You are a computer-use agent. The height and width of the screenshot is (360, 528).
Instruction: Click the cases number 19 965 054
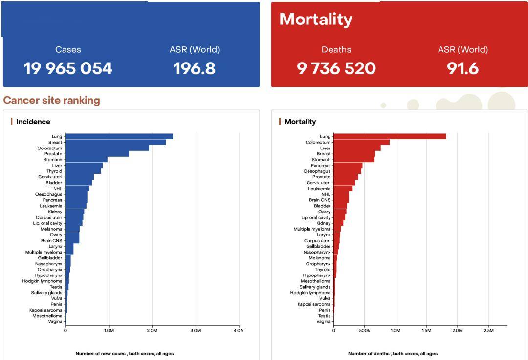[x=67, y=69]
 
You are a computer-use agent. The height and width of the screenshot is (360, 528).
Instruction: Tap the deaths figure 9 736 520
[x=336, y=69]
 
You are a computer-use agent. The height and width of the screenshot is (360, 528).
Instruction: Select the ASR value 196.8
[x=194, y=69]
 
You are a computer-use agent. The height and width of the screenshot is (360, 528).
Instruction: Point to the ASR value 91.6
[x=462, y=69]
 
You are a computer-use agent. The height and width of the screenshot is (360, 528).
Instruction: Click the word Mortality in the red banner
[x=316, y=20]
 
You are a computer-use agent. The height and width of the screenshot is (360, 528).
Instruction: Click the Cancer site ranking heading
[x=51, y=100]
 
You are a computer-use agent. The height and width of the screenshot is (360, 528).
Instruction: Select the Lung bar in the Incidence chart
[x=119, y=136]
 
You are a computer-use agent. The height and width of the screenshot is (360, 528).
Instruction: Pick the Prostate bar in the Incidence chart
[x=97, y=154]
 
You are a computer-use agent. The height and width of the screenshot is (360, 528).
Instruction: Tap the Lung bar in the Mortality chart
[x=390, y=136]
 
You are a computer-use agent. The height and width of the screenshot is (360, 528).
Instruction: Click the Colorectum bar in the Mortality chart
[x=361, y=142]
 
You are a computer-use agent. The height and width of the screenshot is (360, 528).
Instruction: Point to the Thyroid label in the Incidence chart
[x=54, y=171]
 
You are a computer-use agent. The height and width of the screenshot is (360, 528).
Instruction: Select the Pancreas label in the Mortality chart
[x=321, y=166]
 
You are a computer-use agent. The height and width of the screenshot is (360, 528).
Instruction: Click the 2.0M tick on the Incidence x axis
[x=152, y=330]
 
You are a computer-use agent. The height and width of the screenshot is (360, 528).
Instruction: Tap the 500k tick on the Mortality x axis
[x=364, y=330]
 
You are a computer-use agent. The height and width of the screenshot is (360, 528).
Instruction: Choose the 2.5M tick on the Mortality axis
[x=488, y=330]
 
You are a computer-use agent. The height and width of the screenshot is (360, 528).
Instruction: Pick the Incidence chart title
[x=33, y=122]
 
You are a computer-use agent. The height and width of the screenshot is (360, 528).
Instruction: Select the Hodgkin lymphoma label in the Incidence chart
[x=42, y=281]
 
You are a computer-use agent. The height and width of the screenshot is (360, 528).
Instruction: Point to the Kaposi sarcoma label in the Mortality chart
[x=314, y=304]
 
